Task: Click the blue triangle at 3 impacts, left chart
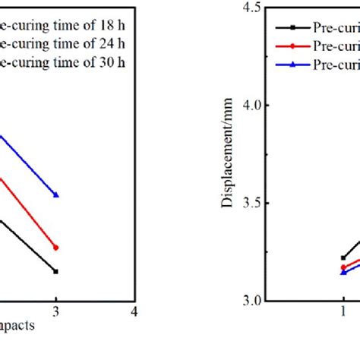56,195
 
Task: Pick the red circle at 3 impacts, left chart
56,248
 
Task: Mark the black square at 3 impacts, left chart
56,271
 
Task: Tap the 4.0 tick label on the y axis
249,106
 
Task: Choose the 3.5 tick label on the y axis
249,204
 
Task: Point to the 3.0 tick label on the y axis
249,302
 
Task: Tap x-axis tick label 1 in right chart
343,312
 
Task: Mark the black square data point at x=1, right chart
343,257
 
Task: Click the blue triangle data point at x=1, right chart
343,272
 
